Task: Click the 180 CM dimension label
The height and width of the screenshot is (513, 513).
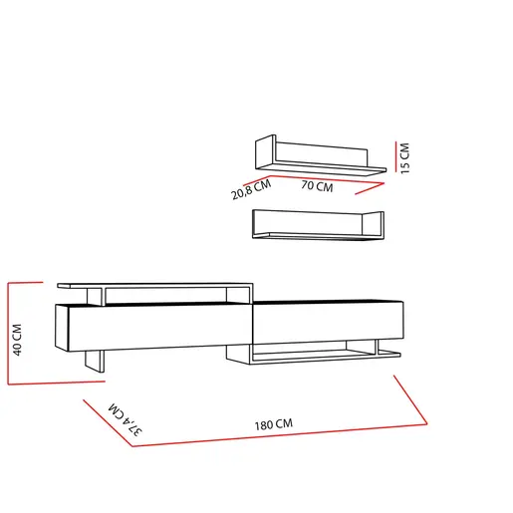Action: click(x=274, y=424)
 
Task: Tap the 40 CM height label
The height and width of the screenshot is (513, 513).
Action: click(x=17, y=340)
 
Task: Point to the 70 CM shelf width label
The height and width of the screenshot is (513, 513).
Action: click(x=317, y=186)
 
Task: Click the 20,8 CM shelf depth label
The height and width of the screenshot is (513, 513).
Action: click(x=251, y=189)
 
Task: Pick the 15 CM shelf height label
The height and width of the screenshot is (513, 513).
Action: click(x=404, y=158)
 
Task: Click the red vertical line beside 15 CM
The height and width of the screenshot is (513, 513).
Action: click(x=395, y=156)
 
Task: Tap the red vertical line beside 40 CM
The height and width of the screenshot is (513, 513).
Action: click(x=8, y=334)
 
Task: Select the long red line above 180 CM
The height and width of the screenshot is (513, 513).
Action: click(x=280, y=435)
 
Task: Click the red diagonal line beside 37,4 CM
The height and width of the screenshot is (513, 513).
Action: click(x=108, y=423)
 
